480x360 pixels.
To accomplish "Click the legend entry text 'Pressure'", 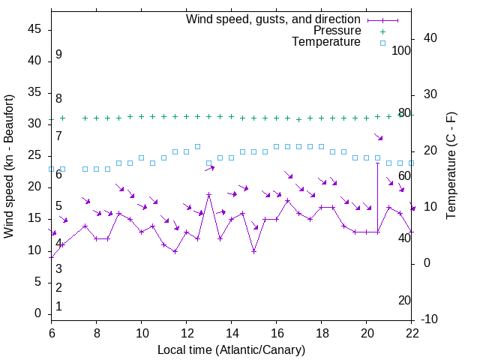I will click(337, 31).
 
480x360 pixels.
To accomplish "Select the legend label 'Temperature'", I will click(326, 42).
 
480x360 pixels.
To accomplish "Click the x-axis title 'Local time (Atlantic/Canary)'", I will click(231, 349).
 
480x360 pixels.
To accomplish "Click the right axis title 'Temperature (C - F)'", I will click(451, 166).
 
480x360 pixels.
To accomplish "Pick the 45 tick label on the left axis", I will click(34, 29).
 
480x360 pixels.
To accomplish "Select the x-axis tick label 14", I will click(231, 332).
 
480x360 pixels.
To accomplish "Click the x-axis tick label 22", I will click(412, 332).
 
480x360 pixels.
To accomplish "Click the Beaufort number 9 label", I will click(58, 55).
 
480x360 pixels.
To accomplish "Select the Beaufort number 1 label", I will click(58, 306).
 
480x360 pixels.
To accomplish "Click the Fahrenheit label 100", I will click(402, 50).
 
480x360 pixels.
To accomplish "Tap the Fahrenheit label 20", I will click(404, 300).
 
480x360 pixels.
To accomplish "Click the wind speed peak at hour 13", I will click(209, 195).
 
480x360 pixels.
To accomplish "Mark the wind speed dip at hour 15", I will click(254, 251).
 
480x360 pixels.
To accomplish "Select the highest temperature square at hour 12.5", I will click(198, 146).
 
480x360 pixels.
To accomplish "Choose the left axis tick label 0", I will click(37, 313).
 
